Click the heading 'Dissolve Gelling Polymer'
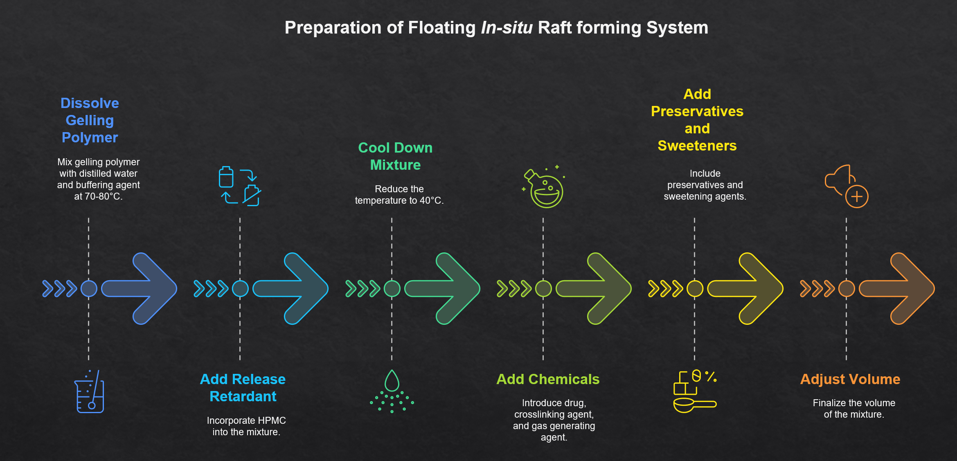(90, 120)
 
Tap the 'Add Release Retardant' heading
(243, 388)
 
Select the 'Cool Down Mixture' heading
(395, 156)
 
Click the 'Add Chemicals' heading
(548, 379)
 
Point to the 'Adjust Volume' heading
(850, 379)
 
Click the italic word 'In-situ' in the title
(507, 28)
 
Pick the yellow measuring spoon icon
(694, 405)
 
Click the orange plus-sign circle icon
(857, 197)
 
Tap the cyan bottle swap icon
(240, 186)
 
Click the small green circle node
(392, 289)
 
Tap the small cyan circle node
(240, 289)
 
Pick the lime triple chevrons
(514, 289)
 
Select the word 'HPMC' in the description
(272, 421)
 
